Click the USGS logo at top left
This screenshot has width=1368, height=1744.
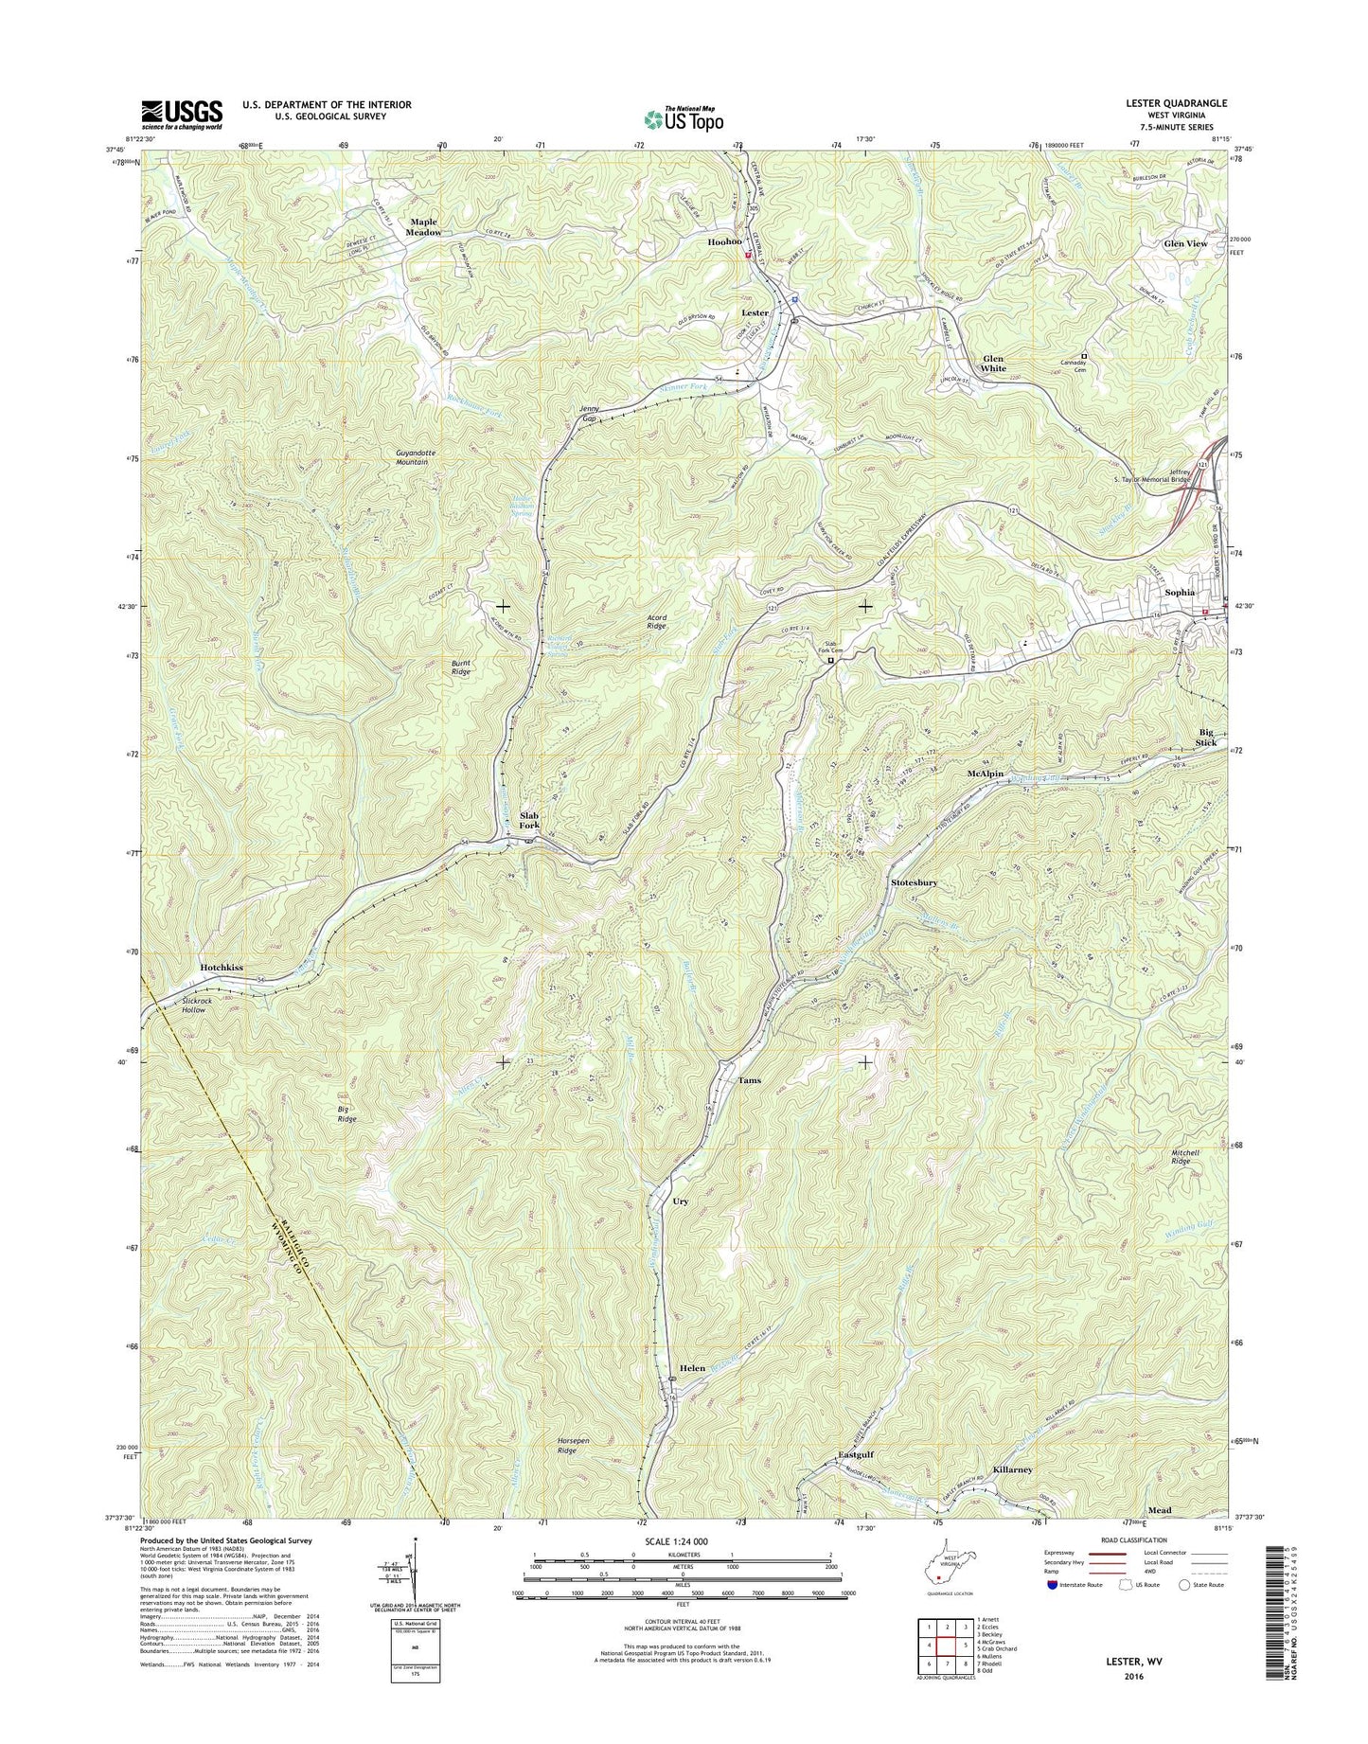pyautogui.click(x=182, y=114)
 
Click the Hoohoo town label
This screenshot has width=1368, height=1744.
pyautogui.click(x=724, y=242)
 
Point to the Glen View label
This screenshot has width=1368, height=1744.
pyautogui.click(x=1185, y=243)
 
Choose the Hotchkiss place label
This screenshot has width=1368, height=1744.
pyautogui.click(x=222, y=968)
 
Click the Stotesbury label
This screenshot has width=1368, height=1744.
pyautogui.click(x=914, y=882)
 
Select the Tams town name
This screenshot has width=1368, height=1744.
pyautogui.click(x=749, y=1080)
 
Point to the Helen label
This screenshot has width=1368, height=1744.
pyautogui.click(x=692, y=1368)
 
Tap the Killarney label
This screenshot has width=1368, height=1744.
pyautogui.click(x=1013, y=1469)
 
